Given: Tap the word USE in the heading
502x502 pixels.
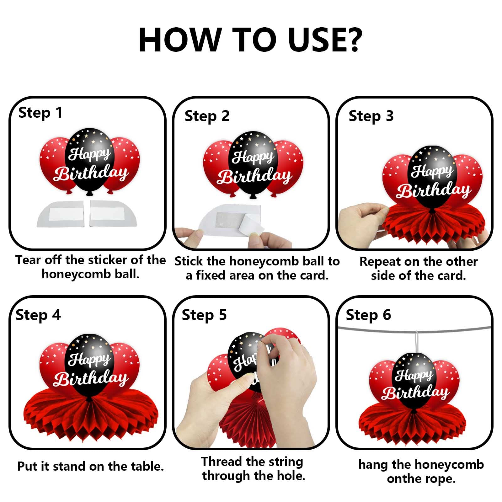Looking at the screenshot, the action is [315, 40].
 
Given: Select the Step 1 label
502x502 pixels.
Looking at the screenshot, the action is [40, 113].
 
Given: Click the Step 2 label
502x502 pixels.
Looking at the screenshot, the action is [207, 116].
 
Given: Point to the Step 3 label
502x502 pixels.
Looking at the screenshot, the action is [371, 116].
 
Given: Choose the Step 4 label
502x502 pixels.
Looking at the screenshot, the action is [38, 315].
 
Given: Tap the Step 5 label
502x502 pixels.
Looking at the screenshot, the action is [204, 315].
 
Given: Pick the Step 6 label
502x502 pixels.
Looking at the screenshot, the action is [368, 315].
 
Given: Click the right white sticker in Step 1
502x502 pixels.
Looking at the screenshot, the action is [113, 213].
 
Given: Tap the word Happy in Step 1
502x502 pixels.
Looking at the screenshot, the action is [89, 154].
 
